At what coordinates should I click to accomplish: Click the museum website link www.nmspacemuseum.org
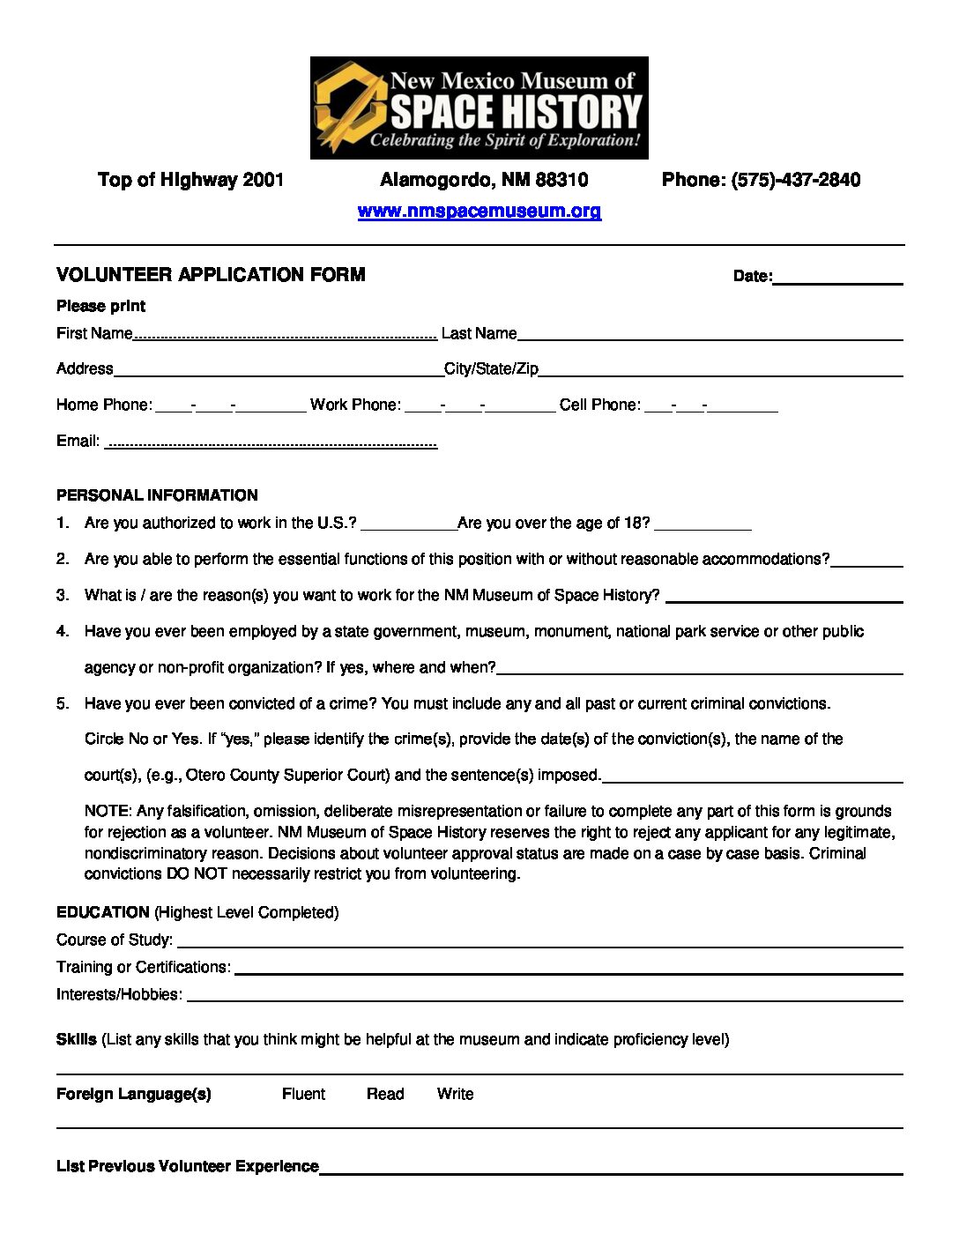479,212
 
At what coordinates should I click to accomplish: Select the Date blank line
837,280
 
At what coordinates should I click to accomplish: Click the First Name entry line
285,336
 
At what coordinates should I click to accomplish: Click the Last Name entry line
710,337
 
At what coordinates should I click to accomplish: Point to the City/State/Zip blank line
720,373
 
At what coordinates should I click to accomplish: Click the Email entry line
271,444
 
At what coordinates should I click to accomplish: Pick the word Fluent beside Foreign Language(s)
303,1094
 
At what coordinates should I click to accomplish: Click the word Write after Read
455,1094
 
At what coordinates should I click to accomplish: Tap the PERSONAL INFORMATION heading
157,495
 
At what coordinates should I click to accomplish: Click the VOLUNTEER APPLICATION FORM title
211,275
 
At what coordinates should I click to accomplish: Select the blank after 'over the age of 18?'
703,527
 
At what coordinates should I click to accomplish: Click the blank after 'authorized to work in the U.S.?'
408,527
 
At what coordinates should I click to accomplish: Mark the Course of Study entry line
539,945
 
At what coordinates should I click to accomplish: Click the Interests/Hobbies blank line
545,999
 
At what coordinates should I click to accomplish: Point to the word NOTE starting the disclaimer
108,811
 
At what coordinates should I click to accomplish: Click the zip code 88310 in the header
561,180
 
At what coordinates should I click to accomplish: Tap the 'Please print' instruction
100,306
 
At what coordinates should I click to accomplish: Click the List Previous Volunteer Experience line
610,1171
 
